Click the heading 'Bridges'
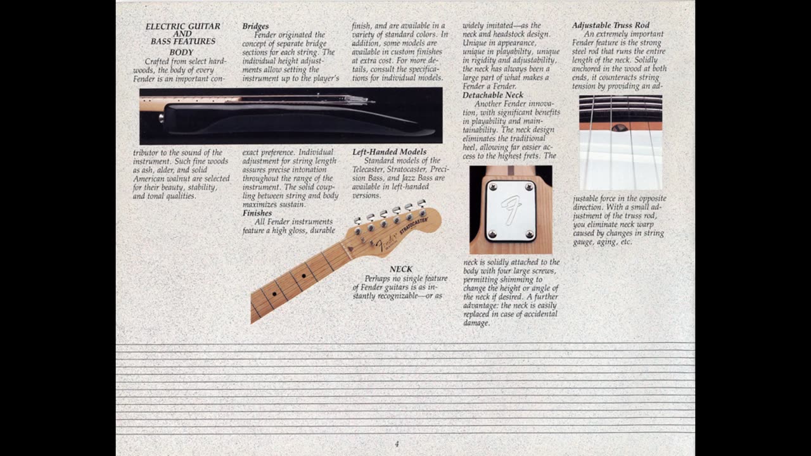click(x=255, y=27)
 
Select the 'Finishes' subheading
click(x=257, y=213)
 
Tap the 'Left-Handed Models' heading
click(x=389, y=152)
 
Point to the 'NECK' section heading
click(x=400, y=269)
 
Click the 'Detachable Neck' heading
click(x=492, y=95)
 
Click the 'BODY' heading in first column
click(x=181, y=53)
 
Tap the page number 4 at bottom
click(x=397, y=444)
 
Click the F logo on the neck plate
click(x=511, y=210)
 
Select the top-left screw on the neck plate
click(x=492, y=187)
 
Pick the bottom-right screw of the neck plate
click(x=529, y=234)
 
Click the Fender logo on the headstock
click(x=386, y=243)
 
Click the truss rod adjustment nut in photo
click(x=620, y=127)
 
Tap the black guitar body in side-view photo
click(x=285, y=118)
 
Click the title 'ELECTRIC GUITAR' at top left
click(x=182, y=27)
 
